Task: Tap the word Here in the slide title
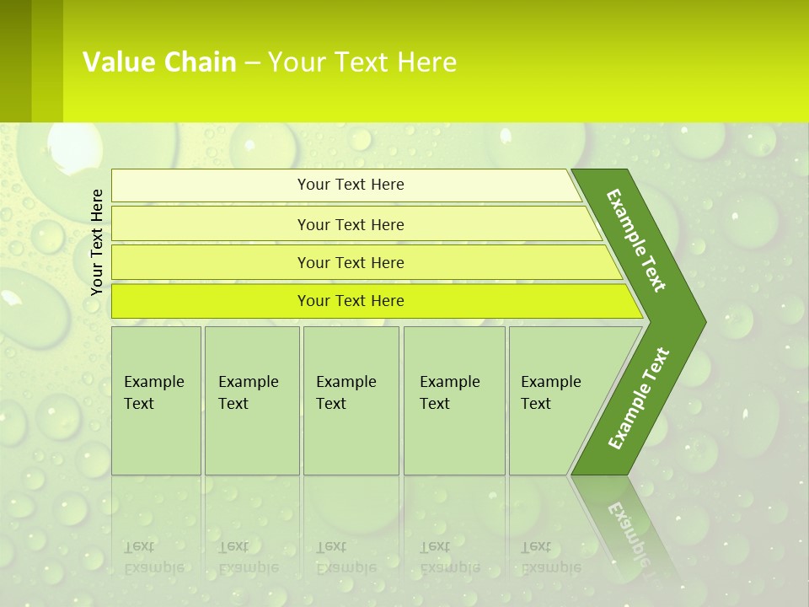(x=426, y=62)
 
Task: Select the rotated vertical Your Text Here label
(x=97, y=242)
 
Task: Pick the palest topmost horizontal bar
(x=351, y=185)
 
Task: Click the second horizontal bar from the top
(x=351, y=224)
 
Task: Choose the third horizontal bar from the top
(x=351, y=262)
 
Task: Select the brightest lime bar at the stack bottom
(x=351, y=301)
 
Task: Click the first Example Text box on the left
(x=156, y=400)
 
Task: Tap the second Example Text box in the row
(x=251, y=400)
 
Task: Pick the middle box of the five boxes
(x=351, y=400)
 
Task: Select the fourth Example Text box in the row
(x=453, y=400)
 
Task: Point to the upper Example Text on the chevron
(x=636, y=240)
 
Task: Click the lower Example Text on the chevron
(x=639, y=398)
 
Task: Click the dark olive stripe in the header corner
(x=15, y=61)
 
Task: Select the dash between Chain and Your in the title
(x=252, y=63)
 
